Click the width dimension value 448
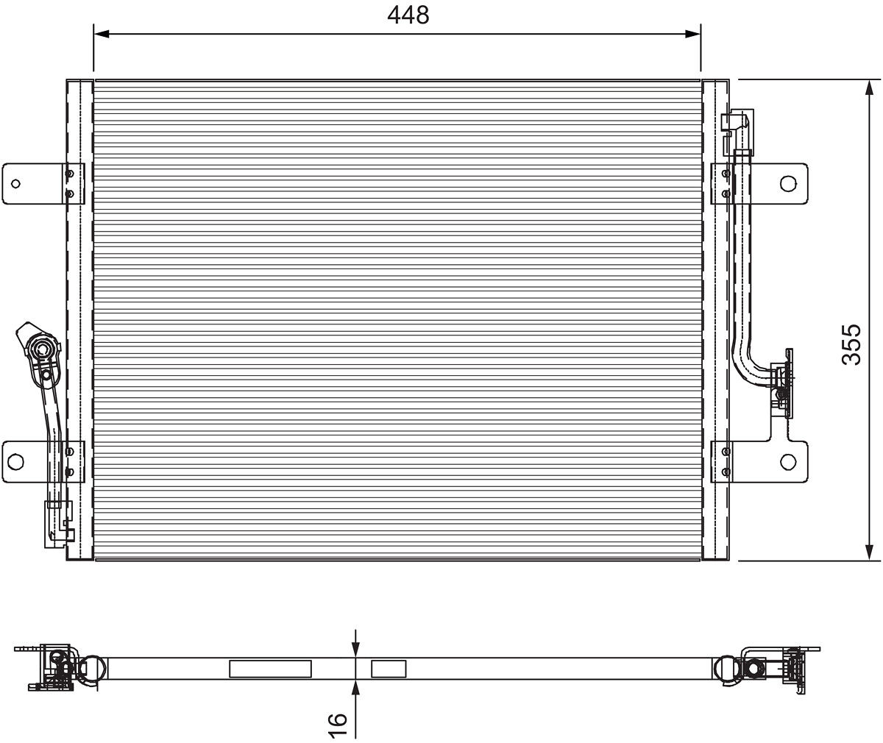(x=408, y=15)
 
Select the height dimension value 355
(x=851, y=344)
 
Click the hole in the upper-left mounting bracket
(x=16, y=183)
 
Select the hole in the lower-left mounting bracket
(x=15, y=461)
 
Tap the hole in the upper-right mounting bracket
(x=787, y=183)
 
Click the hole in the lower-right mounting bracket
(x=787, y=461)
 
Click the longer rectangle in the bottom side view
(x=270, y=669)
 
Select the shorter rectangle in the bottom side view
(x=389, y=669)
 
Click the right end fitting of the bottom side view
(x=773, y=667)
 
